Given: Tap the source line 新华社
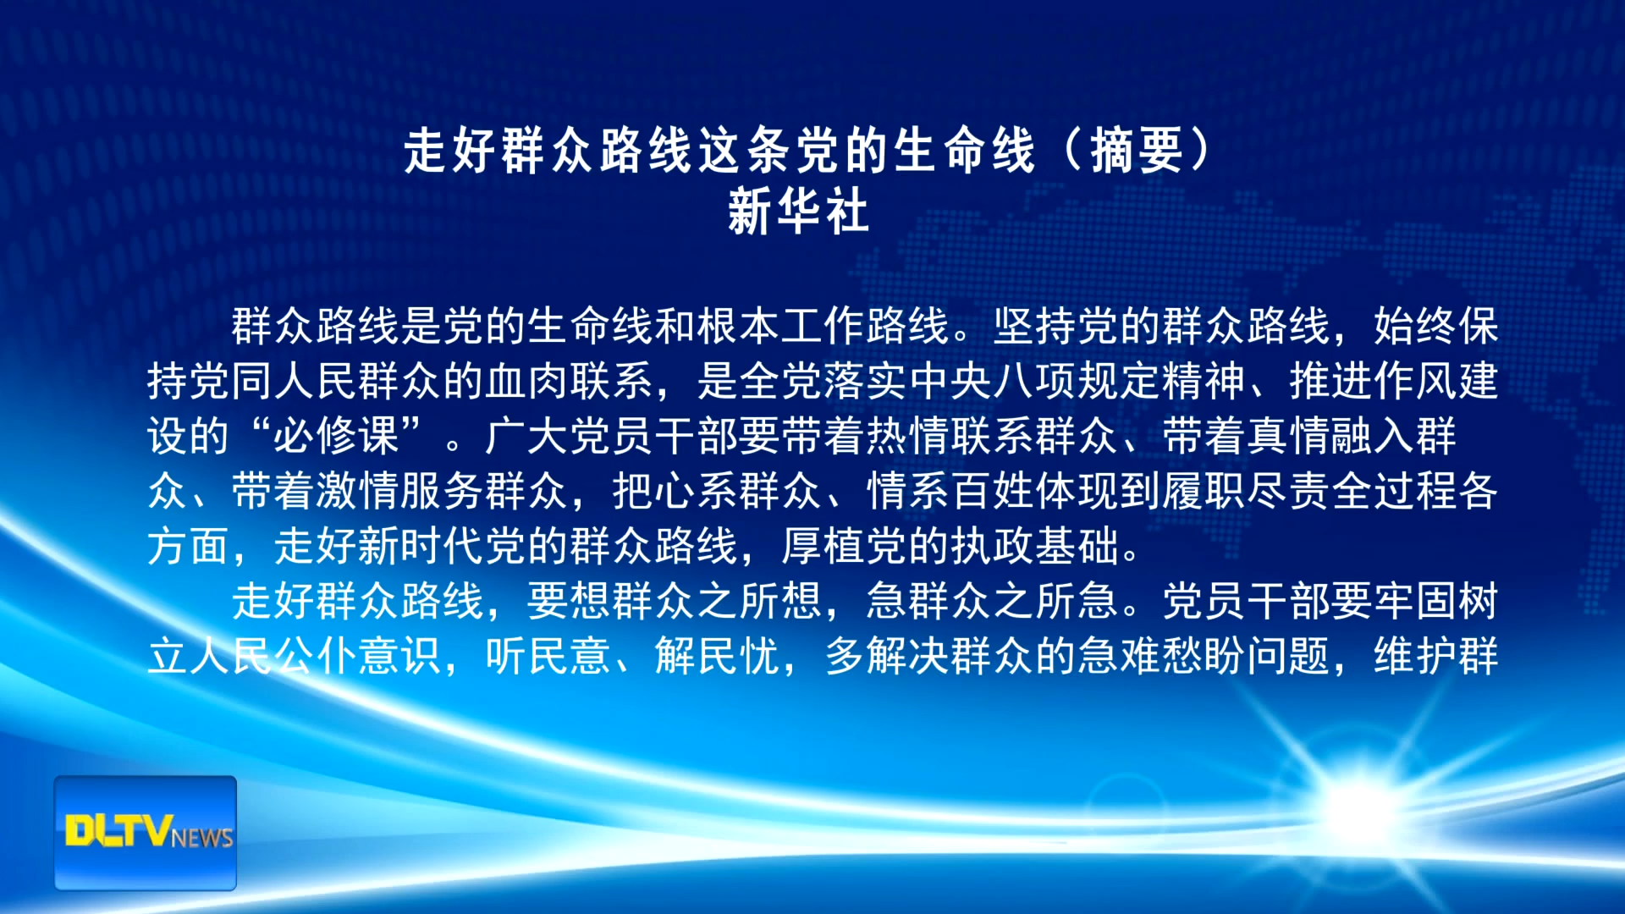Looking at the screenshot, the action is pos(798,211).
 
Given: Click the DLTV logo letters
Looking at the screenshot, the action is pos(119,830).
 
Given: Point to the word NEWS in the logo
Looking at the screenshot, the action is pos(202,838).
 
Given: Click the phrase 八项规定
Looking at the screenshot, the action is pos(1034,381).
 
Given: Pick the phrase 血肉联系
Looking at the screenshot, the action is pos(570,381).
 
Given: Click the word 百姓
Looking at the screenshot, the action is pos(993,491).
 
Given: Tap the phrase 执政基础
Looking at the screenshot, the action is pos(1034,546).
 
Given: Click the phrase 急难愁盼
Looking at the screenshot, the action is pos(1161,656).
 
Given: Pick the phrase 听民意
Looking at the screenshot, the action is pos(548,656).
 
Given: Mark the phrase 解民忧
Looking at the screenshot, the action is pos(718,656).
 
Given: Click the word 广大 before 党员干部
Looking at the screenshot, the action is pos(527,436).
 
